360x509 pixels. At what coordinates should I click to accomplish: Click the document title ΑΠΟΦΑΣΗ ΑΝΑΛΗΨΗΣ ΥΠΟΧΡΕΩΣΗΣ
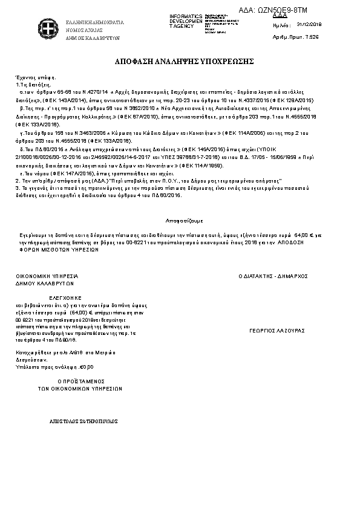click(x=180, y=62)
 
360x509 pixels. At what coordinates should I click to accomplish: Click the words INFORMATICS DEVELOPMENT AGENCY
click(x=186, y=20)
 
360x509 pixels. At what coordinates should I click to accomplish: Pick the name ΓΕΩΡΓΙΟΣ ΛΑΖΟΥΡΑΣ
click(x=277, y=331)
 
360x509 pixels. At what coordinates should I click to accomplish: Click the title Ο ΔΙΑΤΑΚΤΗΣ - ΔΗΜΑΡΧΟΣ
click(x=273, y=276)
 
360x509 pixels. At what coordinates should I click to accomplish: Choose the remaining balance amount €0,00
click(x=87, y=366)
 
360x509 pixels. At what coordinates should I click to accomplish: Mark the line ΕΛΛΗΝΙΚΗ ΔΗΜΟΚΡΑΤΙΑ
click(x=94, y=22)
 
